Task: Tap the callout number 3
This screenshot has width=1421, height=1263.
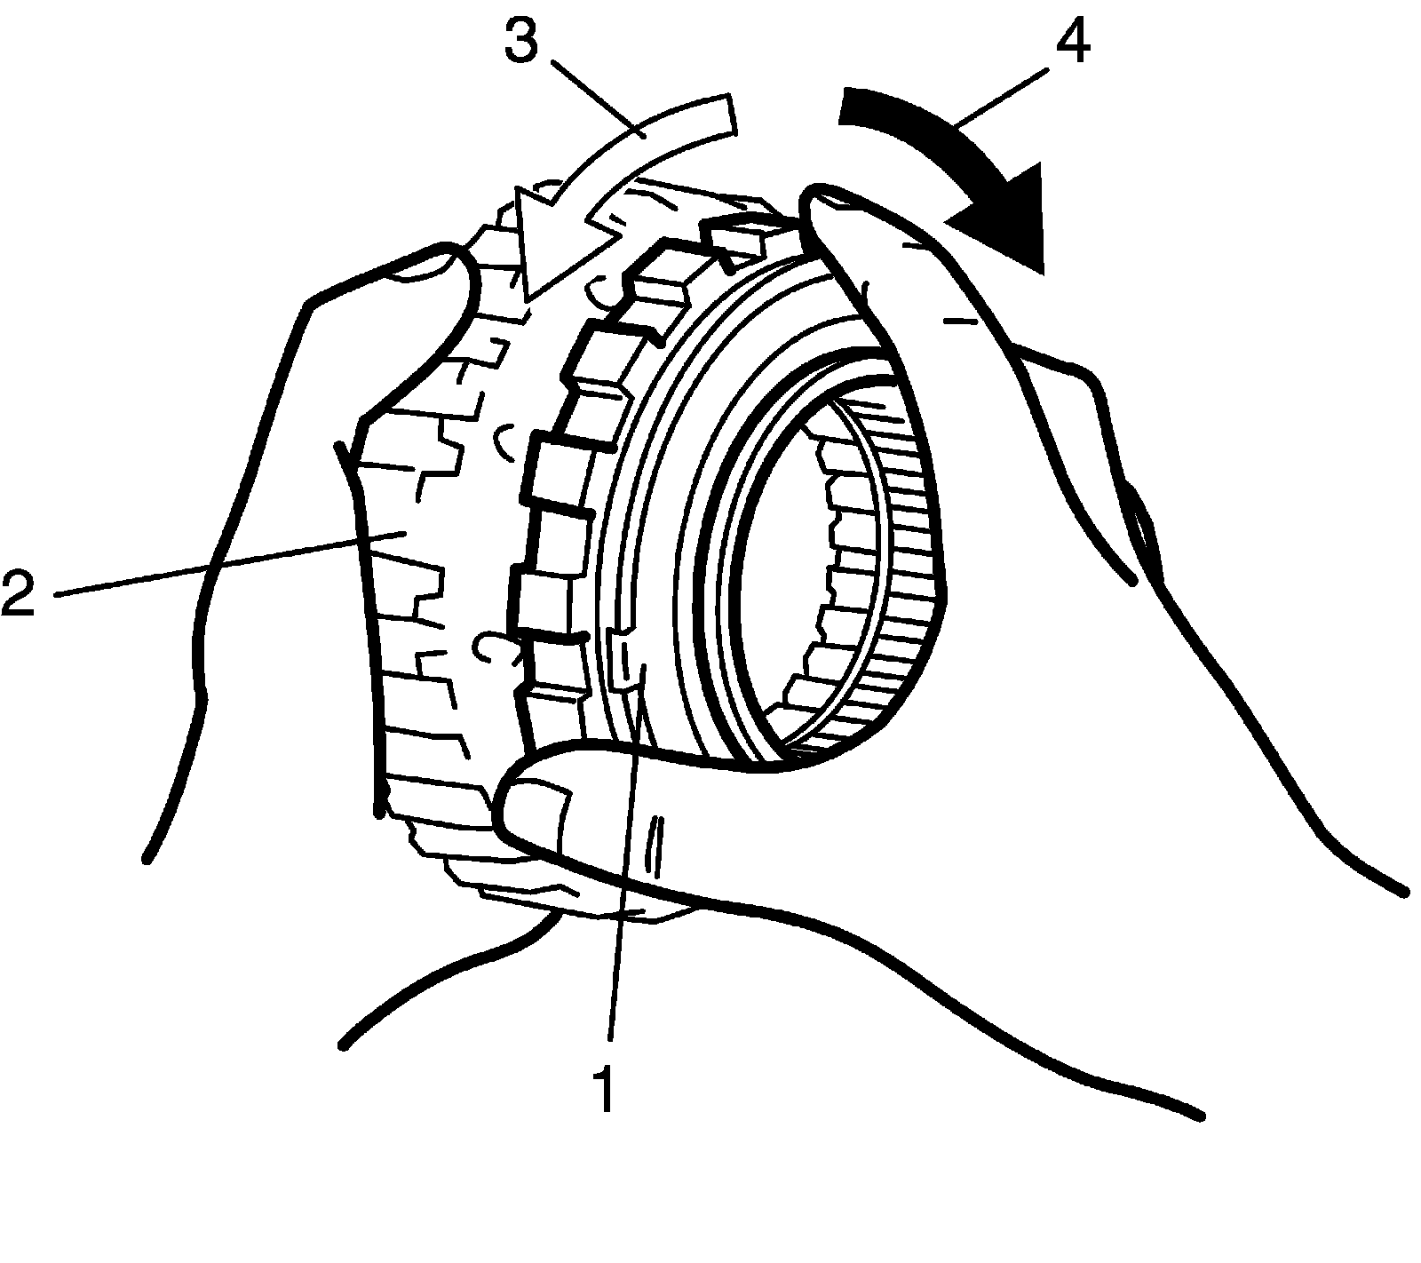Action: (x=521, y=40)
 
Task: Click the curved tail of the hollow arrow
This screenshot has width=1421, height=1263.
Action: (x=675, y=133)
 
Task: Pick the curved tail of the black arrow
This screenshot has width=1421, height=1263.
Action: (x=915, y=124)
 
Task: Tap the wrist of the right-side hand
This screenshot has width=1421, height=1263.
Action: (x=1288, y=799)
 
